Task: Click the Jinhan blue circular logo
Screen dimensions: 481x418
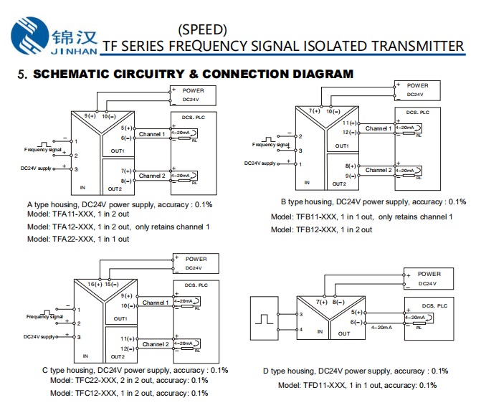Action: (30, 36)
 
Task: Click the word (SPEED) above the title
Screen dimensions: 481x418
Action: (202, 30)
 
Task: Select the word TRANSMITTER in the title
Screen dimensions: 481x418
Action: (417, 46)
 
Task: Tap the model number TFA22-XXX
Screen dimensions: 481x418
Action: (73, 239)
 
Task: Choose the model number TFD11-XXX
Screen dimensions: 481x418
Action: (324, 386)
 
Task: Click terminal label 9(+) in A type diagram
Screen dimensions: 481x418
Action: (90, 116)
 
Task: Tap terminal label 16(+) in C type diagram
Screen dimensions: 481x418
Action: (95, 285)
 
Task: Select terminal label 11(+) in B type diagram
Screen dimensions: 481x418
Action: (350, 123)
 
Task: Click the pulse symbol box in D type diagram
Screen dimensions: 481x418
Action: (264, 318)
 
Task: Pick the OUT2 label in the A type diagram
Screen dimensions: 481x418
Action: (115, 189)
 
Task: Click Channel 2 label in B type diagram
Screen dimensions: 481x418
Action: (378, 170)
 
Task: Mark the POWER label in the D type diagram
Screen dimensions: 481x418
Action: (429, 274)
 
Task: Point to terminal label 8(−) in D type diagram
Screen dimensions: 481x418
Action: (338, 303)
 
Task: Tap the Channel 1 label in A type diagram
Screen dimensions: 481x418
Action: (152, 134)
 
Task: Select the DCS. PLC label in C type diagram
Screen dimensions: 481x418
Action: (196, 285)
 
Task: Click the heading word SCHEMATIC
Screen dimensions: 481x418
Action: (71, 75)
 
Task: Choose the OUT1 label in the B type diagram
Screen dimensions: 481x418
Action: (342, 146)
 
